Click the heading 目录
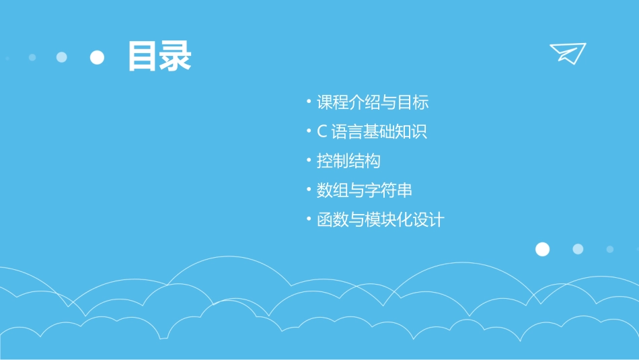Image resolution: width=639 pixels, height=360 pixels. (159, 57)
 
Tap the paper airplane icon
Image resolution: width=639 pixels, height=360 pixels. (568, 53)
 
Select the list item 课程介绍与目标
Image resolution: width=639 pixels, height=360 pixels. (373, 103)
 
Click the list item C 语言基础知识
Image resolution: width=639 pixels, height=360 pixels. (372, 132)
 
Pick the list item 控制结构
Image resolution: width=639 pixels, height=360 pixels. (348, 161)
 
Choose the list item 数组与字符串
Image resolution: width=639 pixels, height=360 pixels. (365, 190)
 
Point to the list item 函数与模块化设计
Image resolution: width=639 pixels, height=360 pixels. (381, 220)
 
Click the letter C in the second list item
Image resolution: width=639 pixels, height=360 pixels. (322, 133)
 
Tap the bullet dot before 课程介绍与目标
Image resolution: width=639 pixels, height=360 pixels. (309, 102)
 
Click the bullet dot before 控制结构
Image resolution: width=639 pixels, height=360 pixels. (309, 161)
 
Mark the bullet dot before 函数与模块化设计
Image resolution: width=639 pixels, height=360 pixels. (309, 219)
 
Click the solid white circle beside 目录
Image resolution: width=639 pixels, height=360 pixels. (98, 57)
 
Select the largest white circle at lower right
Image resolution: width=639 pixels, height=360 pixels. (542, 250)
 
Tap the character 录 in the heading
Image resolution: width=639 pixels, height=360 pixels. (176, 57)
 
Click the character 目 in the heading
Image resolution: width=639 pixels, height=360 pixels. (143, 57)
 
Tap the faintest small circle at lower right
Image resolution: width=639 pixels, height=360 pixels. (610, 249)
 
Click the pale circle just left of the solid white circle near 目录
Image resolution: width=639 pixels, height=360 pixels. (62, 57)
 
